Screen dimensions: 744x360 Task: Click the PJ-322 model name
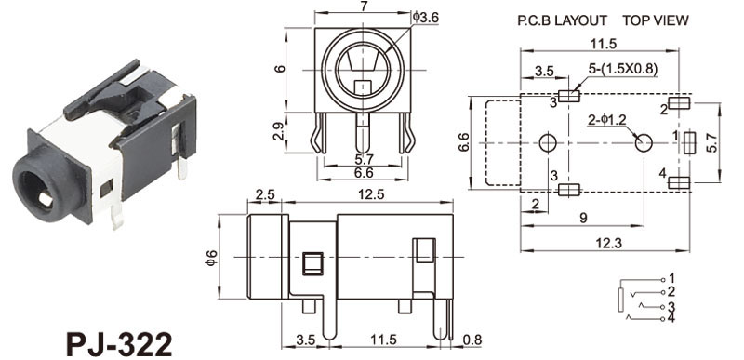[119, 344]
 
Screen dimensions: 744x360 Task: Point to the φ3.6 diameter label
[426, 18]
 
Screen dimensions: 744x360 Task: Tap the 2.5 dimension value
[265, 195]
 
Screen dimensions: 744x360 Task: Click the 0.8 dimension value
[472, 340]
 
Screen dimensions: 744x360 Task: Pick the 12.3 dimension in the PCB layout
[609, 243]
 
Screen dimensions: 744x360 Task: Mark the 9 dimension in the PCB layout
[583, 218]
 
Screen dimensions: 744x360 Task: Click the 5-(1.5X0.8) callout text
[622, 69]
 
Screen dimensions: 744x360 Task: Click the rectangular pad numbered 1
[689, 142]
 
